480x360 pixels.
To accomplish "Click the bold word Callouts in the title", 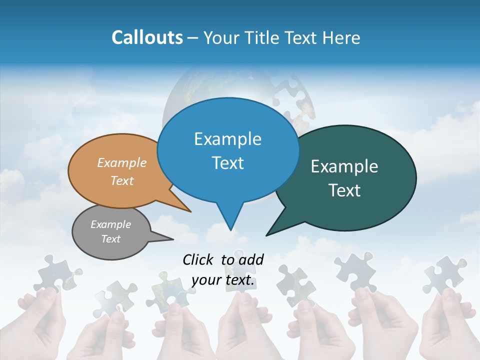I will pyautogui.click(x=147, y=37).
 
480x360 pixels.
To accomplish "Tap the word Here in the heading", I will pyautogui.click(x=339, y=37).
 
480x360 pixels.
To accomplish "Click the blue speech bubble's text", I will pyautogui.click(x=228, y=150).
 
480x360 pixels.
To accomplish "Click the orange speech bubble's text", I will pyautogui.click(x=122, y=171).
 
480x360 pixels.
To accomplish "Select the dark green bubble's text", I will pyautogui.click(x=344, y=178).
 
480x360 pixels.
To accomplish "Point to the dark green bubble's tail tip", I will pyautogui.click(x=267, y=234).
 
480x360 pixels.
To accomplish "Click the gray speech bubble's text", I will pyautogui.click(x=110, y=231).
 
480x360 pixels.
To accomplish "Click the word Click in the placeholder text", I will pyautogui.click(x=198, y=259).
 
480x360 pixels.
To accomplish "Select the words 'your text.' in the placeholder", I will pyautogui.click(x=223, y=280).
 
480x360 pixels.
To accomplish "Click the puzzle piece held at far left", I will pyautogui.click(x=55, y=273).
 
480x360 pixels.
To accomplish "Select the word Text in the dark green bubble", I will pyautogui.click(x=344, y=190).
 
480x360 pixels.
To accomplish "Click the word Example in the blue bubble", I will pyautogui.click(x=227, y=138).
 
